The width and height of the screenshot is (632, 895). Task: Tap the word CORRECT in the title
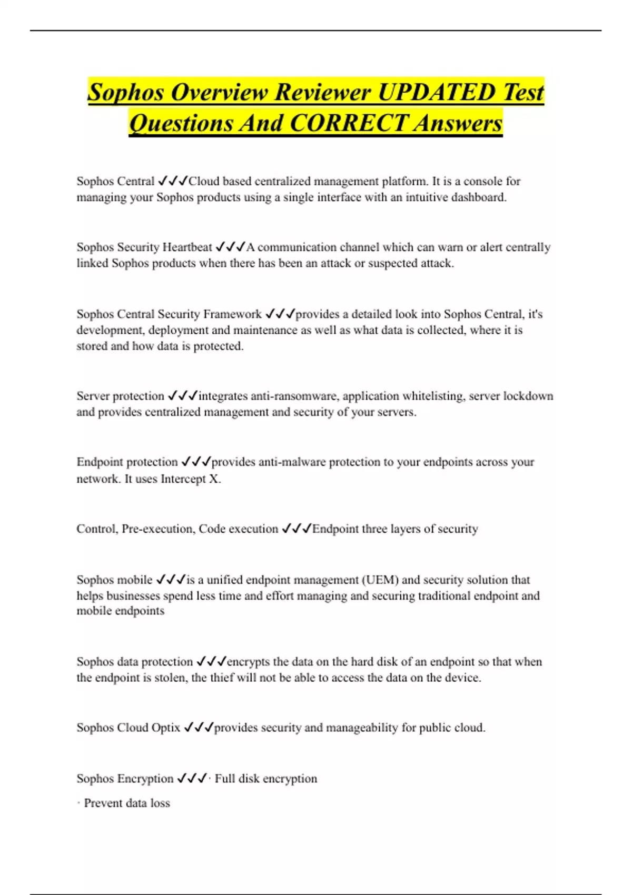349,123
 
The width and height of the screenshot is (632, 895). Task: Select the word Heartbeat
187,247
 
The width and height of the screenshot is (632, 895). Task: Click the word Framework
232,314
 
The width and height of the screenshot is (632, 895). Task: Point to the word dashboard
479,197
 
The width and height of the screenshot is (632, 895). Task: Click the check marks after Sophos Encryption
191,779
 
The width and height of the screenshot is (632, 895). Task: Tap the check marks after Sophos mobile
171,580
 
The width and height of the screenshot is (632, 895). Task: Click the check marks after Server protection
182,396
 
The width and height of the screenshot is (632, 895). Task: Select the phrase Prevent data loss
126,803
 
